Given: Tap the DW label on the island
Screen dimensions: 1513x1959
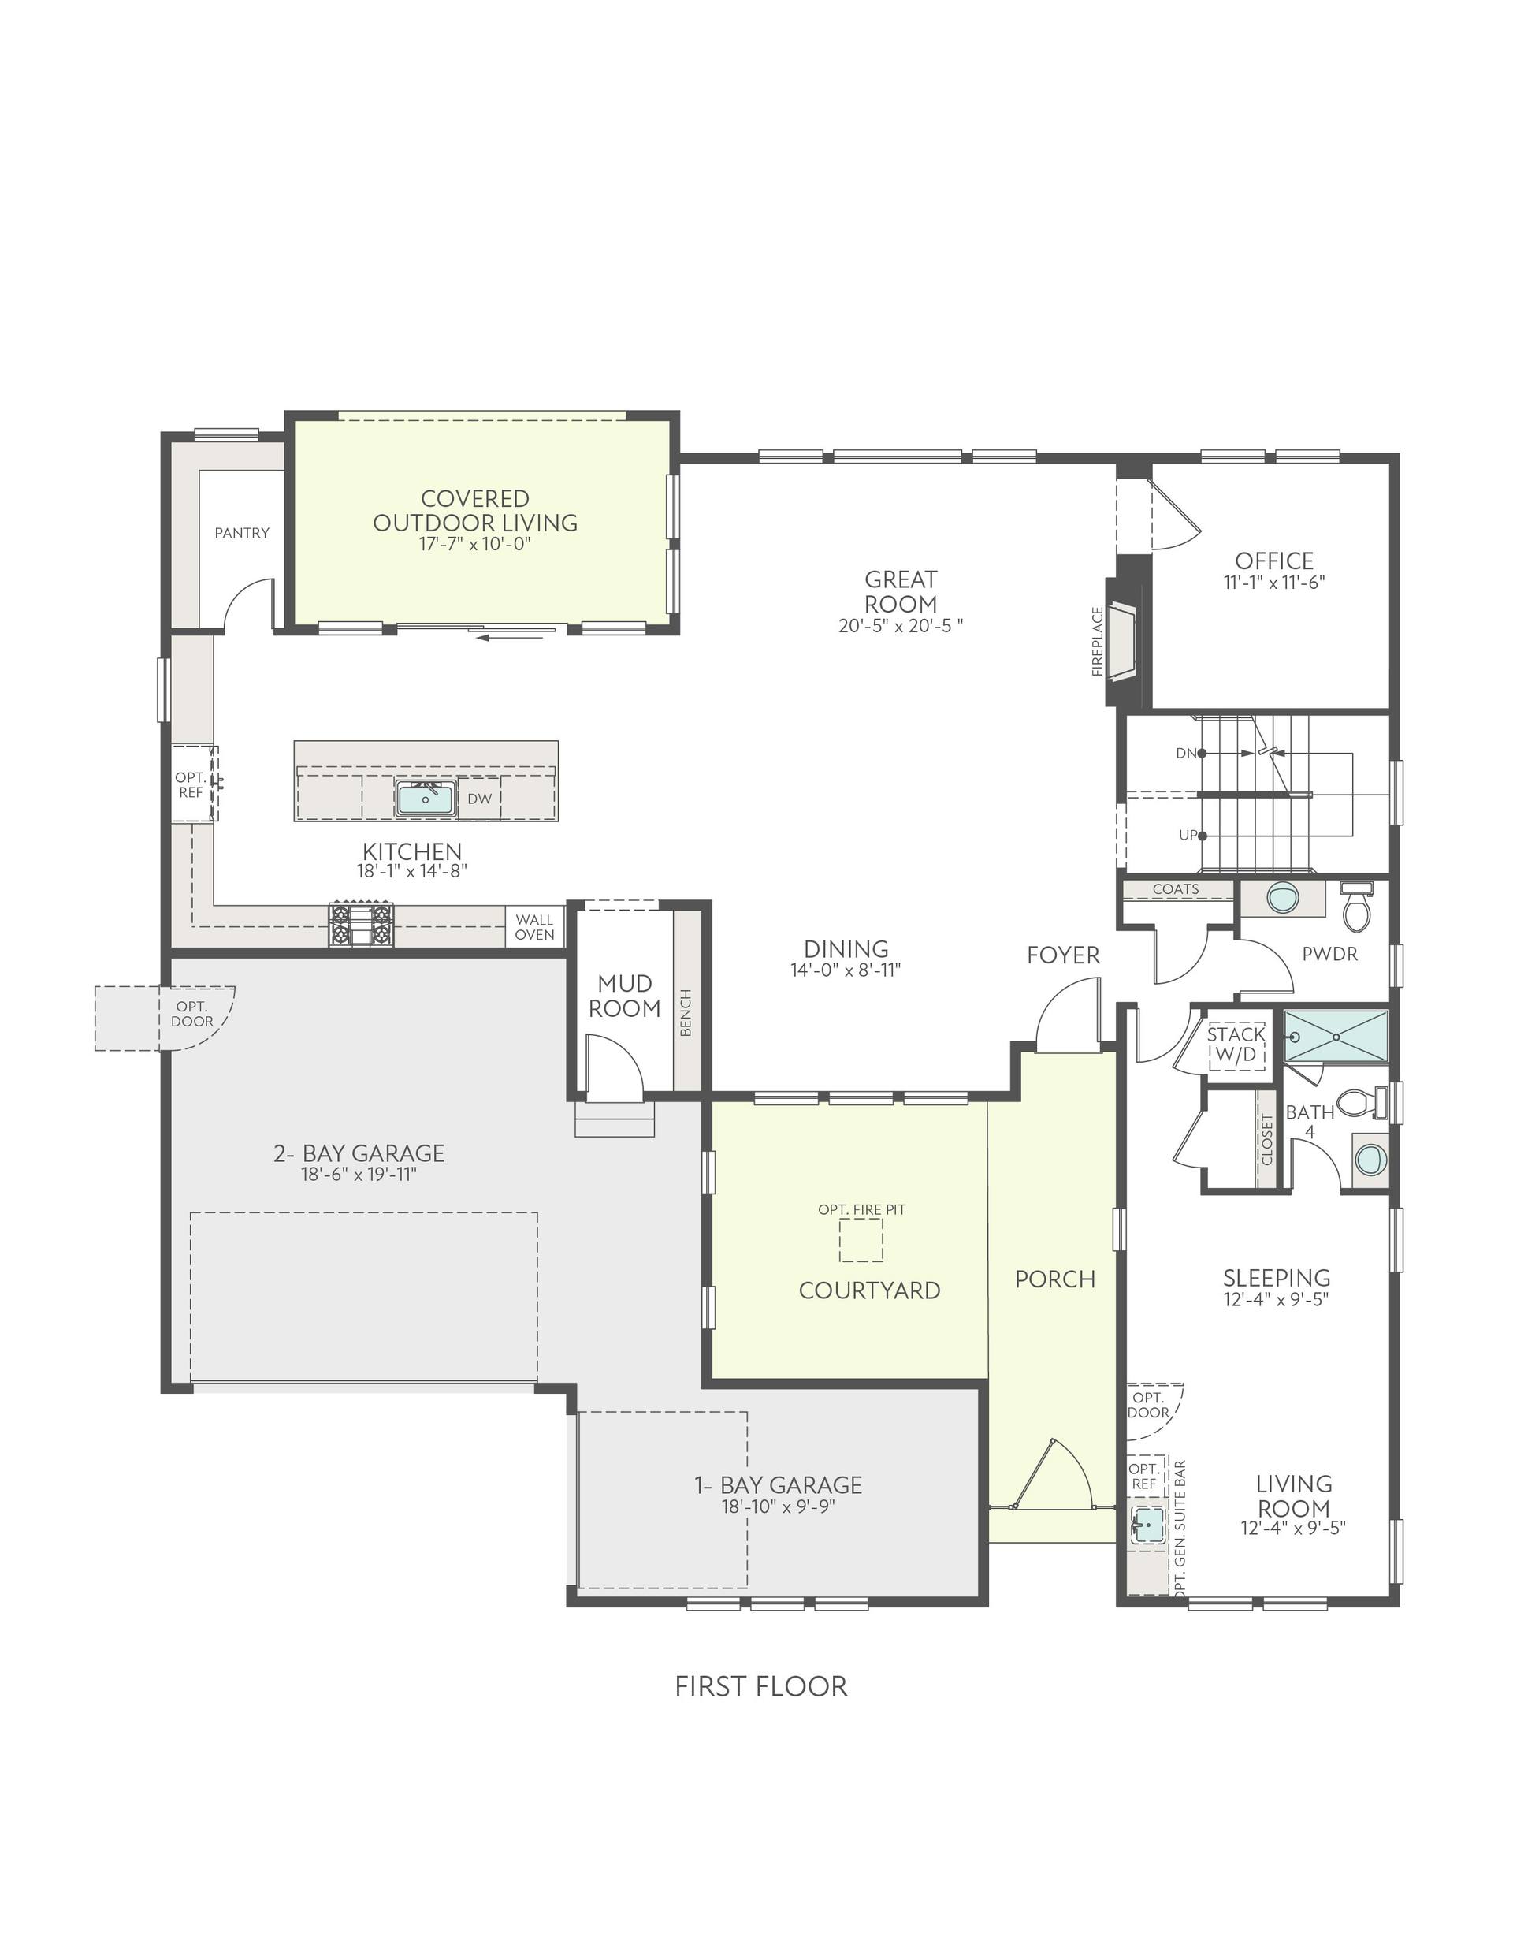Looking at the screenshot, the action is click(x=480, y=798).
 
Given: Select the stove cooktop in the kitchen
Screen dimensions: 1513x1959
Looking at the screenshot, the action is click(x=361, y=925).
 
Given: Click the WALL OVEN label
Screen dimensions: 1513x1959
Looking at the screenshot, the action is click(x=534, y=926).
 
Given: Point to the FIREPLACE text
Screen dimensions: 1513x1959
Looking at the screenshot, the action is click(x=1097, y=642).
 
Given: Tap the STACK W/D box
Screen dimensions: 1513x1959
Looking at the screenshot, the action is click(x=1236, y=1045).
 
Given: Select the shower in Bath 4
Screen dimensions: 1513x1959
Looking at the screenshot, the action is click(x=1336, y=1036).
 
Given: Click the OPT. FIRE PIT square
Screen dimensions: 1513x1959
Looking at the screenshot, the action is click(x=861, y=1241).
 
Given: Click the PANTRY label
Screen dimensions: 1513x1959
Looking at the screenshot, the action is click(x=242, y=533).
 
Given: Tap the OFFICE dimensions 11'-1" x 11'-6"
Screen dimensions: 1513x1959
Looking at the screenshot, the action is click(x=1273, y=582).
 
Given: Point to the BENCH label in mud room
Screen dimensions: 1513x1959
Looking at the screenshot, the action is click(x=686, y=1013).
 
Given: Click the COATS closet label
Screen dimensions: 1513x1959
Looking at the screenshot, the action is click(x=1176, y=889).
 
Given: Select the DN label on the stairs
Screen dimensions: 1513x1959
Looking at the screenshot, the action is click(x=1186, y=754).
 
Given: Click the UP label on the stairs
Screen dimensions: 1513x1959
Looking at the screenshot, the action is click(x=1188, y=835).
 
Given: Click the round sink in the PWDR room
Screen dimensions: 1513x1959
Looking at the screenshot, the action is click(x=1283, y=896).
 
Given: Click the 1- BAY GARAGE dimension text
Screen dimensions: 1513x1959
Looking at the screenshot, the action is click(x=779, y=1507).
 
